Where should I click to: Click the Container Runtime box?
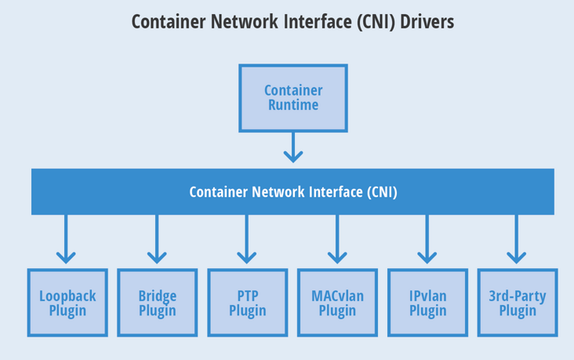pos(292,98)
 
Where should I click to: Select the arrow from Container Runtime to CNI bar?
pos(292,147)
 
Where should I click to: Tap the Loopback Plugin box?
pos(67,303)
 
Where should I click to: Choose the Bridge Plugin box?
pos(158,303)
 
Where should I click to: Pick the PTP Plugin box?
pos(248,303)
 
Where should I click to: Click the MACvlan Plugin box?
pos(337,303)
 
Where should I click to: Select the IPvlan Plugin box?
pos(427,303)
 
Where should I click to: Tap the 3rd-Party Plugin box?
pos(518,303)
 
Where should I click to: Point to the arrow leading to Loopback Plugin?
pos(66,239)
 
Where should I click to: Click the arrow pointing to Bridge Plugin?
pos(157,239)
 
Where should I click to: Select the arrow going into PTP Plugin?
pos(247,239)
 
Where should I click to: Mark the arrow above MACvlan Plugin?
pos(337,239)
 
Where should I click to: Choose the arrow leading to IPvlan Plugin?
pos(427,239)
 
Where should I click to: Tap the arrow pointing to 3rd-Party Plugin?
pos(516,239)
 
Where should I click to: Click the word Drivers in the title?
pos(427,22)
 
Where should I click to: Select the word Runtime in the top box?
pos(293,105)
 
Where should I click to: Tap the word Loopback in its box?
pos(67,296)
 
